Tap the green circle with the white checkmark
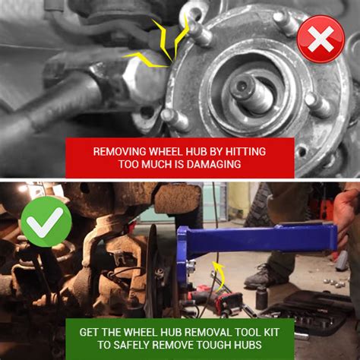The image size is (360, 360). [x=46, y=221]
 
